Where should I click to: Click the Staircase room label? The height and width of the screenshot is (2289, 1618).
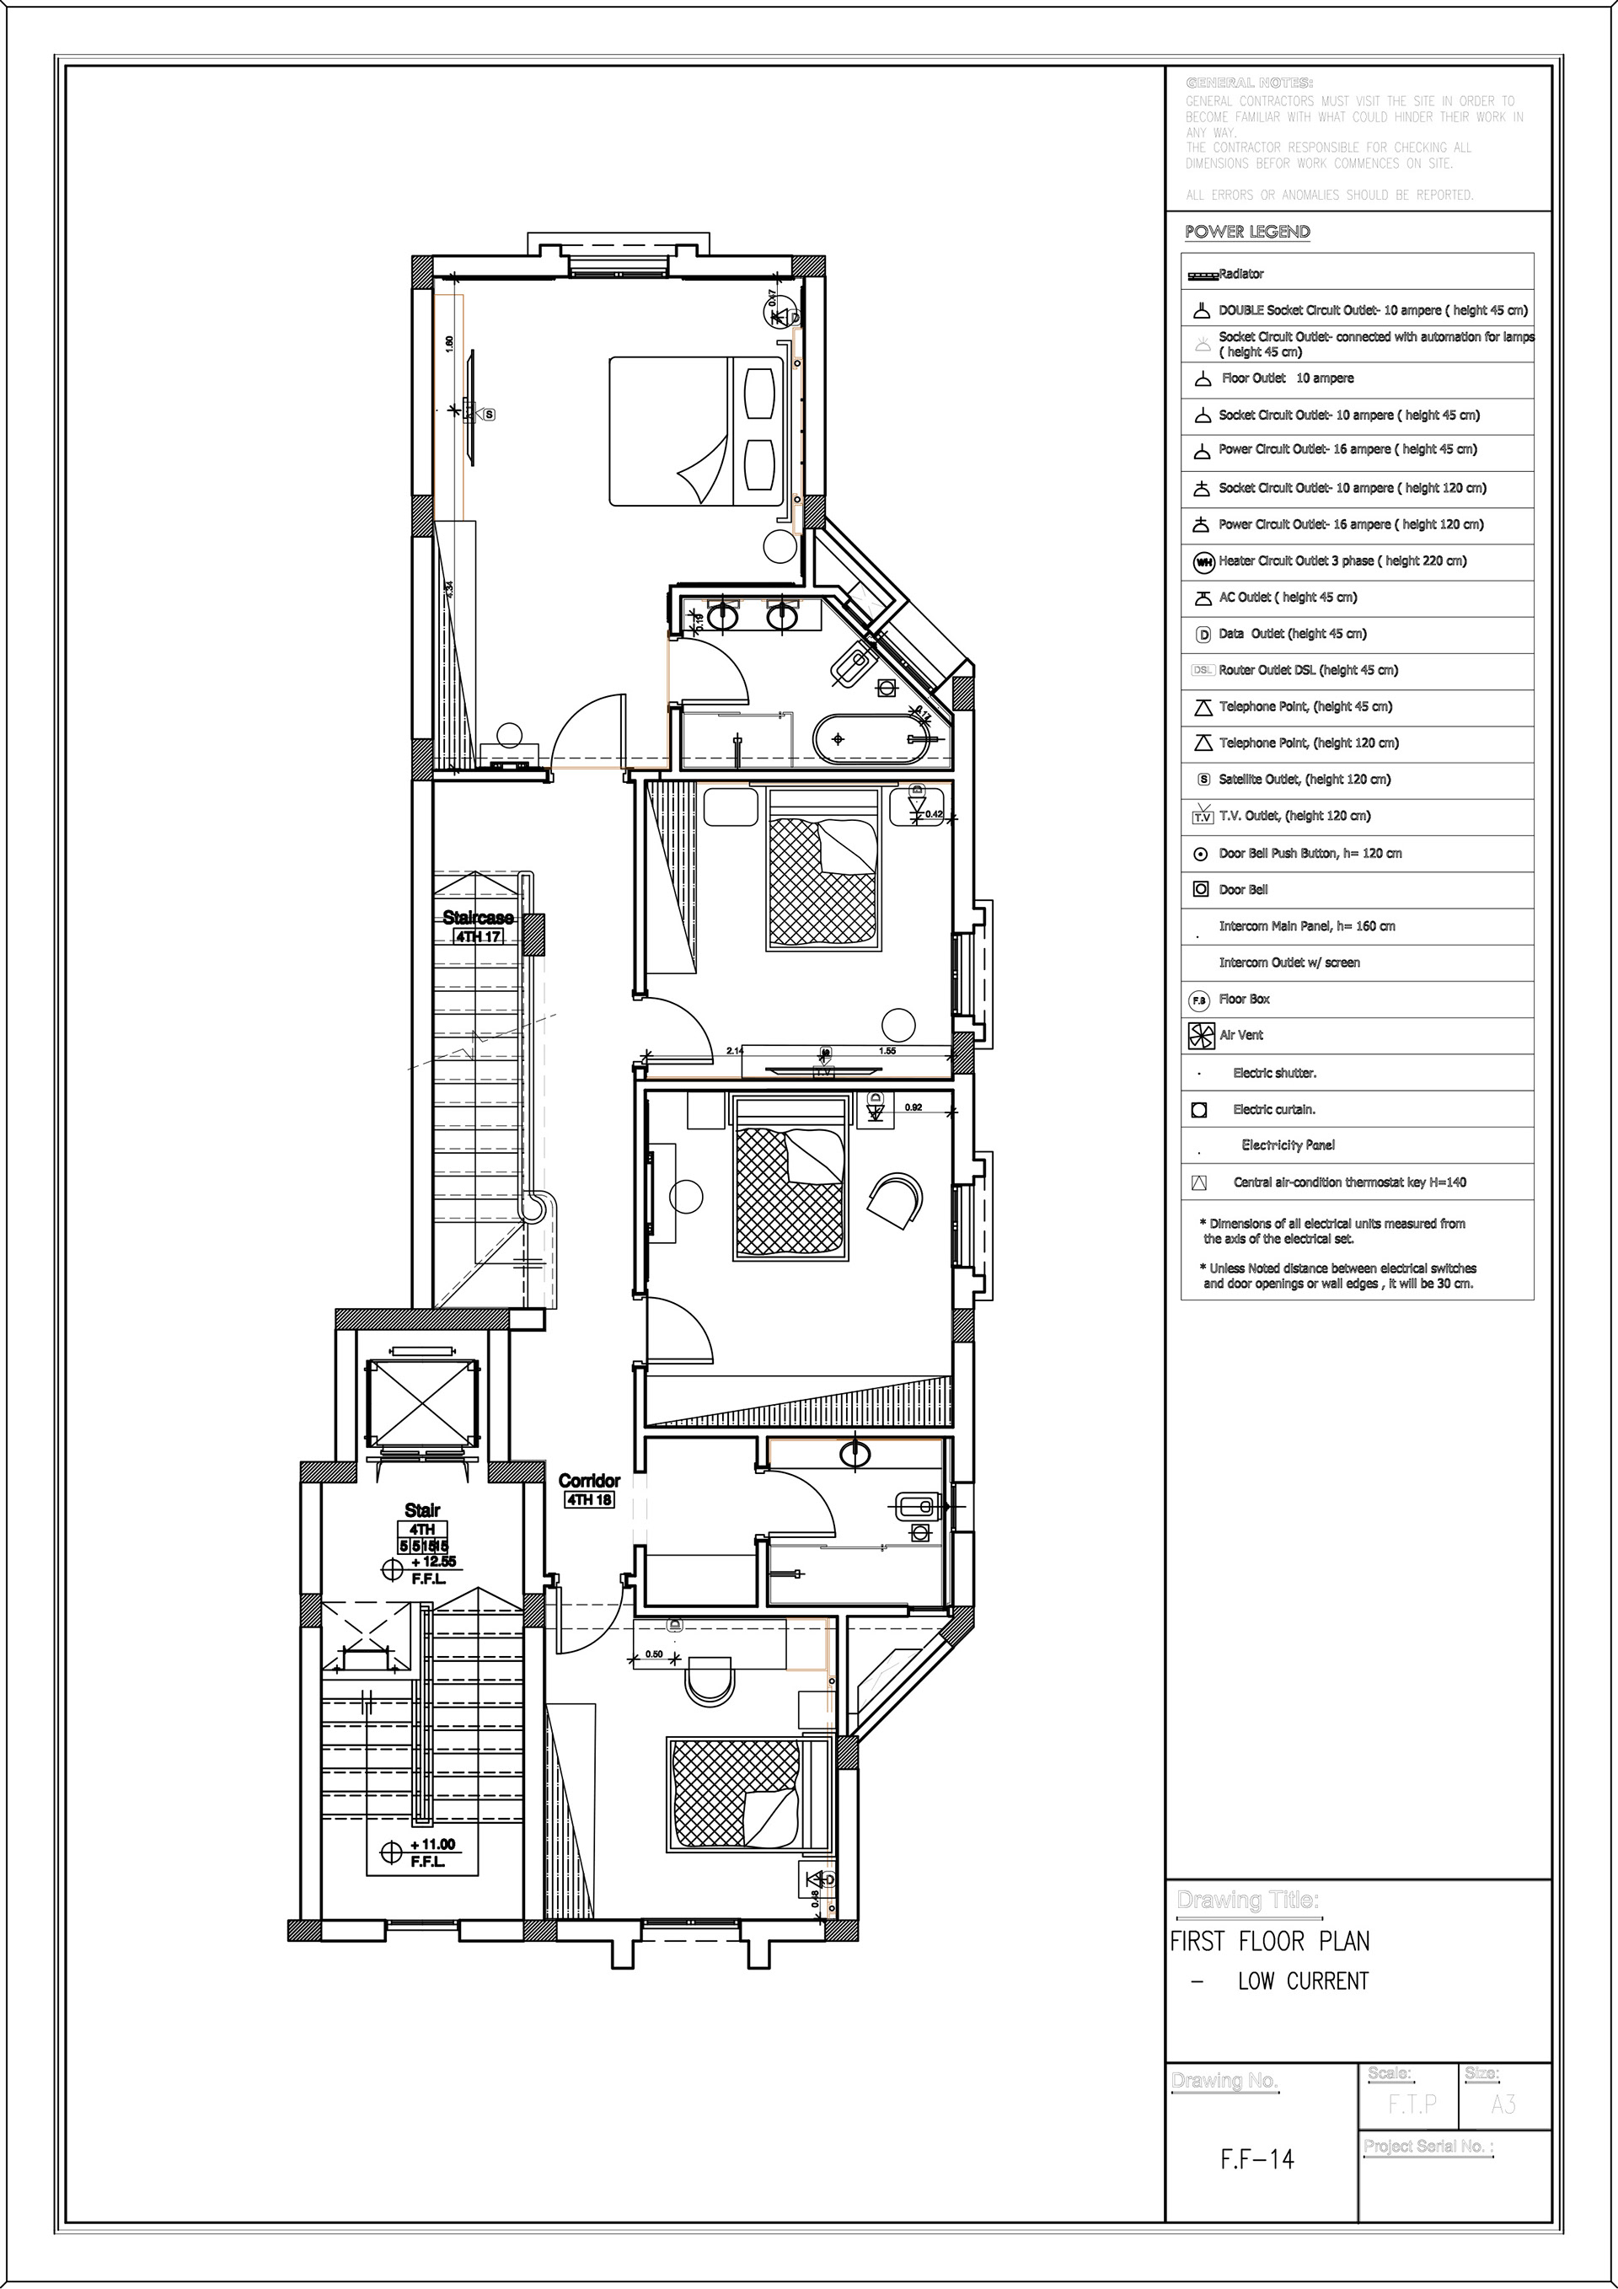pyautogui.click(x=479, y=917)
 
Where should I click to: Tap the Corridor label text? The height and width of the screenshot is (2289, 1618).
pyautogui.click(x=589, y=1481)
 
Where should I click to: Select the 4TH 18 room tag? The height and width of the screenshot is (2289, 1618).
pyautogui.click(x=589, y=1499)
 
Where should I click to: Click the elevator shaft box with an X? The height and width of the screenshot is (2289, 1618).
pyautogui.click(x=420, y=1405)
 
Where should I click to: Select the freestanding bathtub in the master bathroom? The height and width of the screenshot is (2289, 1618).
pyautogui.click(x=874, y=739)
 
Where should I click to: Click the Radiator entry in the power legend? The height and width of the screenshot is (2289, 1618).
pyautogui.click(x=1241, y=274)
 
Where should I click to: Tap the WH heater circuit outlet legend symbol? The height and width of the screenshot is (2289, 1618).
pyautogui.click(x=1203, y=562)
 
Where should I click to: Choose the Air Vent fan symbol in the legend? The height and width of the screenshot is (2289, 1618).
pyautogui.click(x=1200, y=1036)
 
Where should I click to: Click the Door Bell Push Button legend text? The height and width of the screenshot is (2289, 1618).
pyautogui.click(x=1310, y=854)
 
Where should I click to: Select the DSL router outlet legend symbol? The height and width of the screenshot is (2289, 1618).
pyautogui.click(x=1203, y=671)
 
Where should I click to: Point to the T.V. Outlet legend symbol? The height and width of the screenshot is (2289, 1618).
pyautogui.click(x=1203, y=817)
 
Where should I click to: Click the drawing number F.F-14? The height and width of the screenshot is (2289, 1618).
pyautogui.click(x=1257, y=2159)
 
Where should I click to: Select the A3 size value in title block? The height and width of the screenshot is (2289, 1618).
pyautogui.click(x=1503, y=2104)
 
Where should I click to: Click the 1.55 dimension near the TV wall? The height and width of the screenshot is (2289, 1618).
pyautogui.click(x=887, y=1051)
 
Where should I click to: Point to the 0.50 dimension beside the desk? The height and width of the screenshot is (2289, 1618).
pyautogui.click(x=654, y=1654)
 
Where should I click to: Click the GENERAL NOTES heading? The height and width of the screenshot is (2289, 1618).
pyautogui.click(x=1249, y=83)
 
